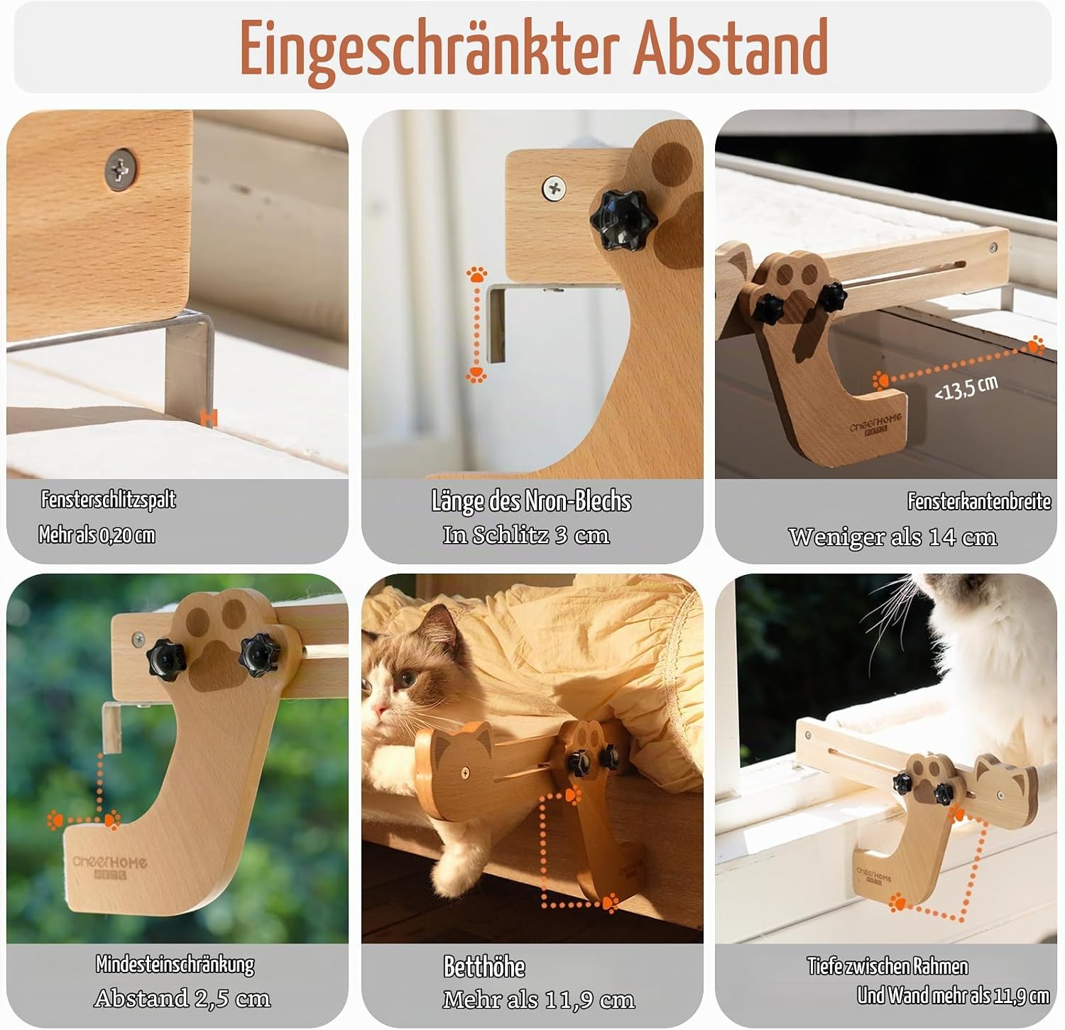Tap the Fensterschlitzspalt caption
108,500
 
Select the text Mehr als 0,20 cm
97,535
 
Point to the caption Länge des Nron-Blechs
531,501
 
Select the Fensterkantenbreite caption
979,502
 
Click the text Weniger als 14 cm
892,537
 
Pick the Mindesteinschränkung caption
175,964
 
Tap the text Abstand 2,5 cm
182,999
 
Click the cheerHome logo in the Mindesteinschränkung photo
110,867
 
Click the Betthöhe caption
484,967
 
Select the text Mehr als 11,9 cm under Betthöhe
539,1000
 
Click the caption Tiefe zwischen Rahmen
887,966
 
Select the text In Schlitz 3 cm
526,535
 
